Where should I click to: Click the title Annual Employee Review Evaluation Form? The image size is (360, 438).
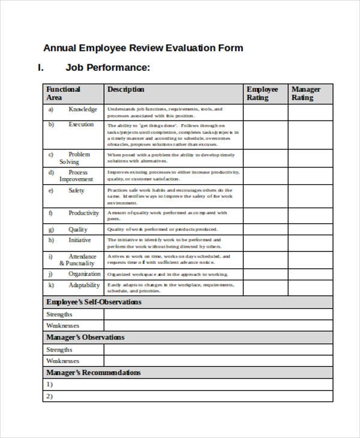pos(143,48)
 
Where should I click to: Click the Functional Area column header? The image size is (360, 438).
pos(64,93)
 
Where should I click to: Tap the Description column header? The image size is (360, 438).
pos(125,89)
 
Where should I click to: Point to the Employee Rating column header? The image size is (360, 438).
pos(262,93)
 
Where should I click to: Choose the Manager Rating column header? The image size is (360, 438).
pos(306,93)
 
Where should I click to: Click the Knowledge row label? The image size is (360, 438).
pos(82,109)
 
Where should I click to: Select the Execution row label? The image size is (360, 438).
pos(81,124)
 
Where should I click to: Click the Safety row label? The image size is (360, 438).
pos(76,190)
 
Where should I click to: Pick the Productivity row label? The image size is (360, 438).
pos(83,213)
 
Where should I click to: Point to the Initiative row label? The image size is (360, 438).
pos(80,240)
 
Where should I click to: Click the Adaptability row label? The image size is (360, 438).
pos(84,285)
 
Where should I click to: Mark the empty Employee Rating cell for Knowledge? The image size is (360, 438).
pos(265,112)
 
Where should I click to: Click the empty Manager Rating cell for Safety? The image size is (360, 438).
pos(310,196)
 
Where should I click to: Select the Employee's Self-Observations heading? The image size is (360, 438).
pos(94,302)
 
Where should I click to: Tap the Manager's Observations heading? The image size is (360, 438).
pos(86,337)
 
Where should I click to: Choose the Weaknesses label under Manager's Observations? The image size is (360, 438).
pos(63,361)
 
